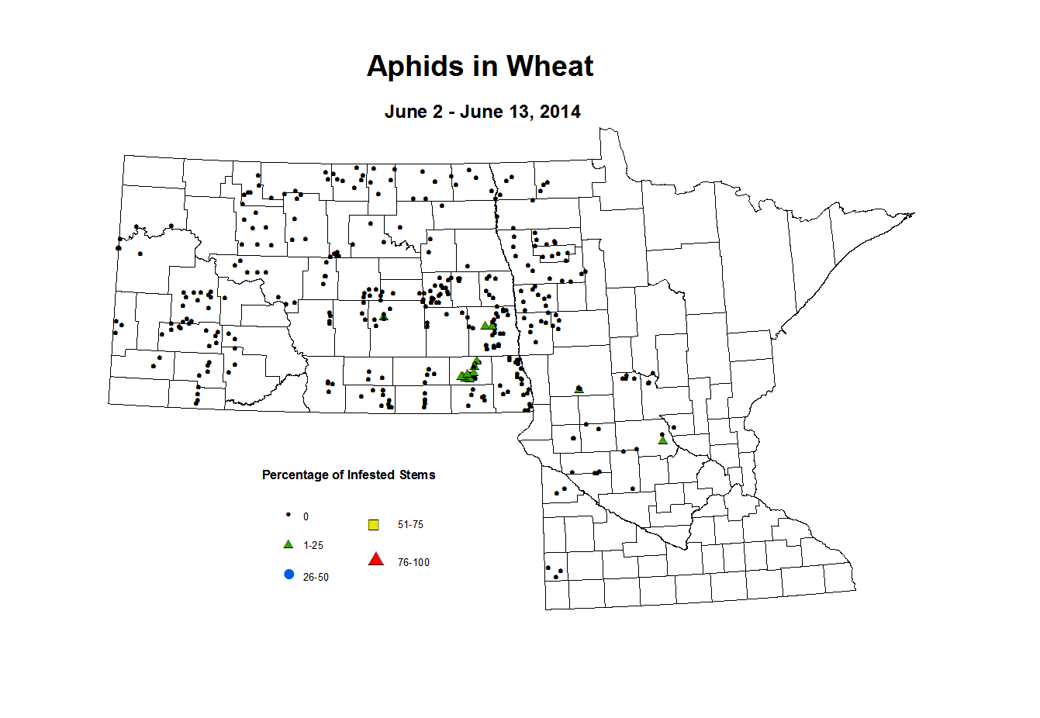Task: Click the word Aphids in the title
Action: tap(414, 67)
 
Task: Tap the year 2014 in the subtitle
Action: tap(560, 112)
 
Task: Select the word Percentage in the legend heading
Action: tap(295, 475)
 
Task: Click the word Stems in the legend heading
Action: tap(417, 475)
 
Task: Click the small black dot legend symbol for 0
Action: tap(289, 515)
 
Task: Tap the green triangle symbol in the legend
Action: tap(289, 544)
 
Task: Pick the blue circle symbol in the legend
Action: tap(289, 575)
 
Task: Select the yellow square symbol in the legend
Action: tap(373, 525)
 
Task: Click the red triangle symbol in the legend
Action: tap(376, 559)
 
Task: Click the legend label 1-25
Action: tap(313, 546)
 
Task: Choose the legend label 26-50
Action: tap(316, 578)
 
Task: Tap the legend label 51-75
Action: tap(410, 525)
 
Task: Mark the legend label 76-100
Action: tap(413, 563)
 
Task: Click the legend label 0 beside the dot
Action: tap(306, 517)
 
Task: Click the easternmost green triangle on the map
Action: tap(662, 440)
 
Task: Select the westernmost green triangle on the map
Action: tap(383, 316)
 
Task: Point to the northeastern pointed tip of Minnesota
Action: tap(914, 213)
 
